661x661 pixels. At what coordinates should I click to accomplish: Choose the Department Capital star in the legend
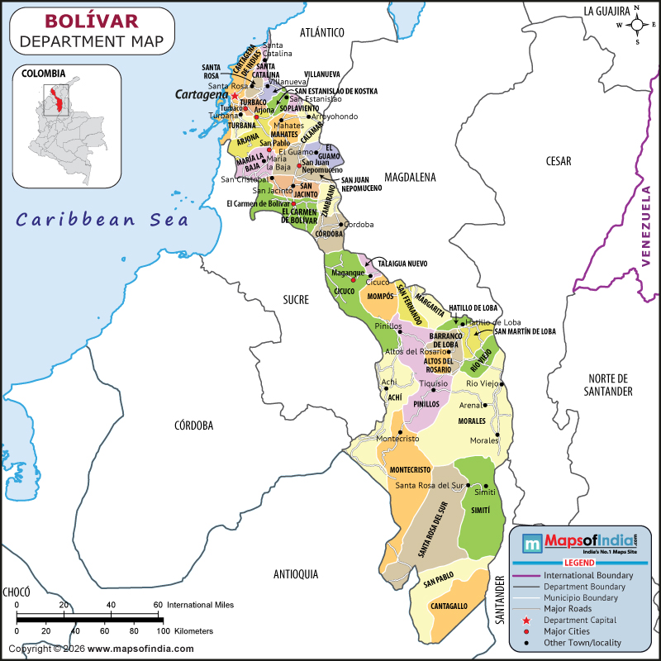(x=526, y=620)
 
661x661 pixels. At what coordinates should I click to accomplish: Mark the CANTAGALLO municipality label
(x=449, y=606)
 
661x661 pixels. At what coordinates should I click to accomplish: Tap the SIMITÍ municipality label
(x=480, y=511)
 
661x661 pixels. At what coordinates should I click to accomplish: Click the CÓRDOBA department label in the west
(x=194, y=426)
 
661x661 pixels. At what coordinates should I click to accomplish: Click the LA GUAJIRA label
(x=607, y=11)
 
